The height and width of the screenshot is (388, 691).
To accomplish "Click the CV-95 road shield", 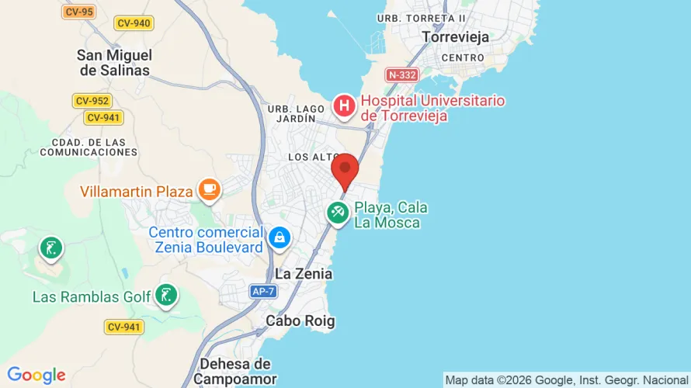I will point(78,12).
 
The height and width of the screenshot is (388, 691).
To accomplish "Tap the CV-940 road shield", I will point(134,23).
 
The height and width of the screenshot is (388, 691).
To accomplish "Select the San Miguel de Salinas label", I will point(114,62).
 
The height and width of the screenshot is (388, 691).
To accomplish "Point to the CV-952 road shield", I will point(93,101).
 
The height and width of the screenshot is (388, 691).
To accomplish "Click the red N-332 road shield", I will point(402,75).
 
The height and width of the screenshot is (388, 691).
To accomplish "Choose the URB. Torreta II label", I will point(421,18).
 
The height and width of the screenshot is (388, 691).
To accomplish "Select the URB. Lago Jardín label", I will point(293,113).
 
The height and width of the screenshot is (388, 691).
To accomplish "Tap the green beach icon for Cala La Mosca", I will point(338,212).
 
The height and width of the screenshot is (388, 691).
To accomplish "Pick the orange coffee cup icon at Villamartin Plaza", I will point(208,189).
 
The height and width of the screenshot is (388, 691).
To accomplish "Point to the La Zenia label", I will point(304,274).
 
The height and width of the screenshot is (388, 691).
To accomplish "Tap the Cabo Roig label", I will point(300,320).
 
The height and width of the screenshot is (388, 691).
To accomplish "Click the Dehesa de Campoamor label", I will point(234,371).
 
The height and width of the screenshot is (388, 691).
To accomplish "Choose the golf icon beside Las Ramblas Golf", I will point(165,296).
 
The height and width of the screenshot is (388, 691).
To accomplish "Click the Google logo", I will point(36,376).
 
